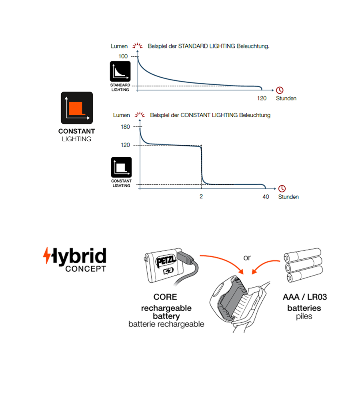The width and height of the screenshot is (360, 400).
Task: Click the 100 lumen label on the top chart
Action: tap(123, 56)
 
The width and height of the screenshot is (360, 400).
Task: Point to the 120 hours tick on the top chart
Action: tap(262, 98)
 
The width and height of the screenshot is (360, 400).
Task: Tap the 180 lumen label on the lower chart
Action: tap(125, 127)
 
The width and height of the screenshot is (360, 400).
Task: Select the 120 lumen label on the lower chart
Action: tap(125, 145)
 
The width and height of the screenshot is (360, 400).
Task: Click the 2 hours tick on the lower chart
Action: tap(201, 196)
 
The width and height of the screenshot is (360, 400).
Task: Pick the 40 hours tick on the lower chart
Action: tap(266, 196)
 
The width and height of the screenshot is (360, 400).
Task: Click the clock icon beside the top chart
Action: tap(280, 90)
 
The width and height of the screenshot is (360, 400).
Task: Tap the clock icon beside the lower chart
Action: tap(282, 188)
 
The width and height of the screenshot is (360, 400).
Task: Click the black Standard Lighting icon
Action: tap(120, 72)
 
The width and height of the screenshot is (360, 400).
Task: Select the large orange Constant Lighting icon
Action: tap(77, 108)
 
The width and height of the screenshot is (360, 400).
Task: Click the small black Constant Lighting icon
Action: tap(121, 167)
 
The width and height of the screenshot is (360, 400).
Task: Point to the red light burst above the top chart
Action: tap(138, 46)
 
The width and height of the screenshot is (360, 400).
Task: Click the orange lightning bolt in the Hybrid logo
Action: tap(47, 256)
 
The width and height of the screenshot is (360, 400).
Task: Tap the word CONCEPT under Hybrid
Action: tap(85, 268)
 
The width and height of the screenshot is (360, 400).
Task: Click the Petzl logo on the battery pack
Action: tap(165, 261)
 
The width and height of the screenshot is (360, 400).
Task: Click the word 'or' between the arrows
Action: tap(247, 258)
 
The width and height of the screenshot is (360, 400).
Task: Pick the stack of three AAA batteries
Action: tap(302, 266)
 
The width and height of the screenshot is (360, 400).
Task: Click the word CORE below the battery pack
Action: tap(165, 297)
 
